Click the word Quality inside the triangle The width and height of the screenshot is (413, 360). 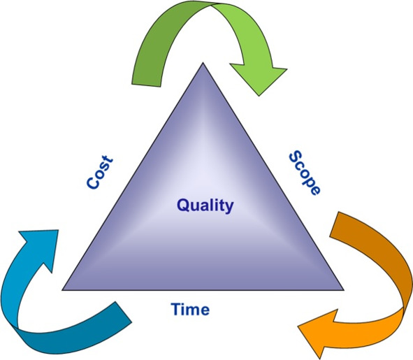pos(205,206)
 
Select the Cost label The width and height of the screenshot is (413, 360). pos(100,172)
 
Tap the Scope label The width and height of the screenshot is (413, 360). pos(305,173)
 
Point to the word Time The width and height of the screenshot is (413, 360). pos(190,309)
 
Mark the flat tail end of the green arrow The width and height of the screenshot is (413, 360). pos(146,85)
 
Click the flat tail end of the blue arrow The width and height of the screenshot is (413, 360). pos(123,312)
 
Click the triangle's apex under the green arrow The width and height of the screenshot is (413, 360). pos(203,63)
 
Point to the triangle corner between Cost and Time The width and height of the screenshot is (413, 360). pos(62,290)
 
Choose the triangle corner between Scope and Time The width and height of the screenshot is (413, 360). pos(344,290)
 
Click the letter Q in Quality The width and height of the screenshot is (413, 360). pos(184,205)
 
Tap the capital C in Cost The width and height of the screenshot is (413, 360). pos(93,183)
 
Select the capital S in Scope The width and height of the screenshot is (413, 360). pos(296,157)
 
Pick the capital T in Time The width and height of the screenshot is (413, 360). pos(176,309)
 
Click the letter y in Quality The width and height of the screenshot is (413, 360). pos(229,208)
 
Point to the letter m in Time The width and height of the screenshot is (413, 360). pos(194,310)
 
